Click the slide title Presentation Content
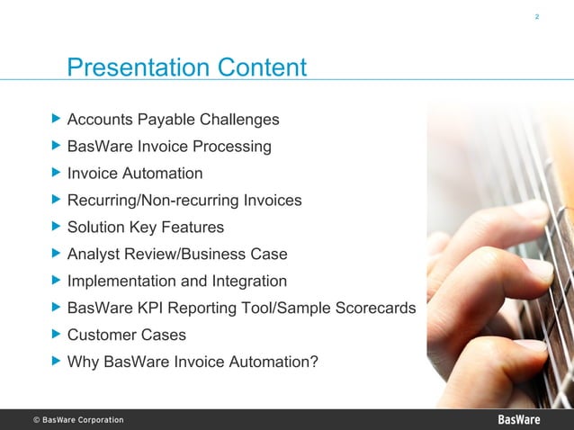pyautogui.click(x=187, y=68)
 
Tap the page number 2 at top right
pyautogui.click(x=537, y=17)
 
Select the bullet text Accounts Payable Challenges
pyautogui.click(x=173, y=120)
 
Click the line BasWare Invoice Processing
pyautogui.click(x=169, y=147)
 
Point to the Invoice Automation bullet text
pyautogui.click(x=135, y=174)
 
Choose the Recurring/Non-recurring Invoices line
pyautogui.click(x=184, y=201)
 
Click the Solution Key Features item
pyautogui.click(x=146, y=228)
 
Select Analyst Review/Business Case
pyautogui.click(x=177, y=255)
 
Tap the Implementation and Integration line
pyautogui.click(x=177, y=282)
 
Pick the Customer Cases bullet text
pyautogui.click(x=127, y=336)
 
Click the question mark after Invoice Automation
pyautogui.click(x=313, y=363)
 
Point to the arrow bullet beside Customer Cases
pyautogui.click(x=57, y=335)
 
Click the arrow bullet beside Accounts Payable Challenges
pyautogui.click(x=57, y=119)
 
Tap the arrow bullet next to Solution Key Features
pyautogui.click(x=57, y=227)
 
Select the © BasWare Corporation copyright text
pyautogui.click(x=78, y=420)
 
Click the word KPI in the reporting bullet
pyautogui.click(x=146, y=309)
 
